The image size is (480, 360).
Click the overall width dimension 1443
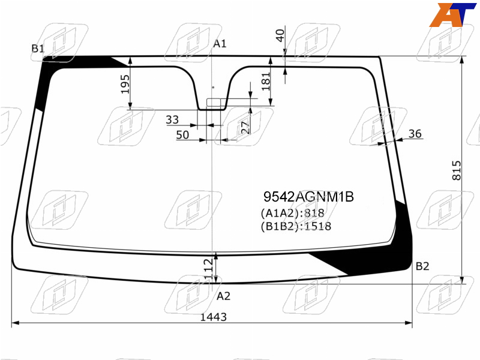point(214,317)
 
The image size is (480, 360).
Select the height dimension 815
point(457,170)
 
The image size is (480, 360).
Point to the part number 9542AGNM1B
point(308,197)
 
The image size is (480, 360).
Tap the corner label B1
point(38,49)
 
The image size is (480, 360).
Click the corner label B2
point(422,266)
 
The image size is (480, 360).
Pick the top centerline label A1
point(220,44)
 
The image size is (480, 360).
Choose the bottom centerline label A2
point(223,296)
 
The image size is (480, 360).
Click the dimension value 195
point(125,84)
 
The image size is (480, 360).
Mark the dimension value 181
point(266,82)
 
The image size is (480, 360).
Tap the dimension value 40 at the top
point(280,35)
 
